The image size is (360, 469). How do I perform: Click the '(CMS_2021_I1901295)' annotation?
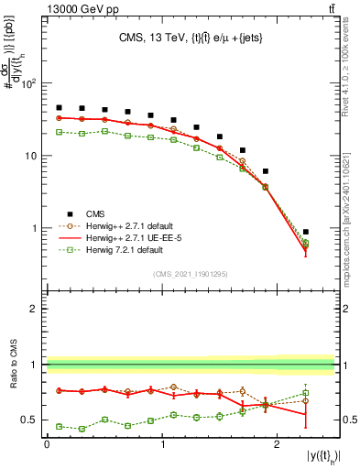click(191, 274)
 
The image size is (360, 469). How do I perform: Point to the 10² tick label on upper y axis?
click(27, 84)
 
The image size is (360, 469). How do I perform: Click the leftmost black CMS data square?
click(59, 107)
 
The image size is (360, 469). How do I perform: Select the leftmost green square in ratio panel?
click(59, 426)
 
